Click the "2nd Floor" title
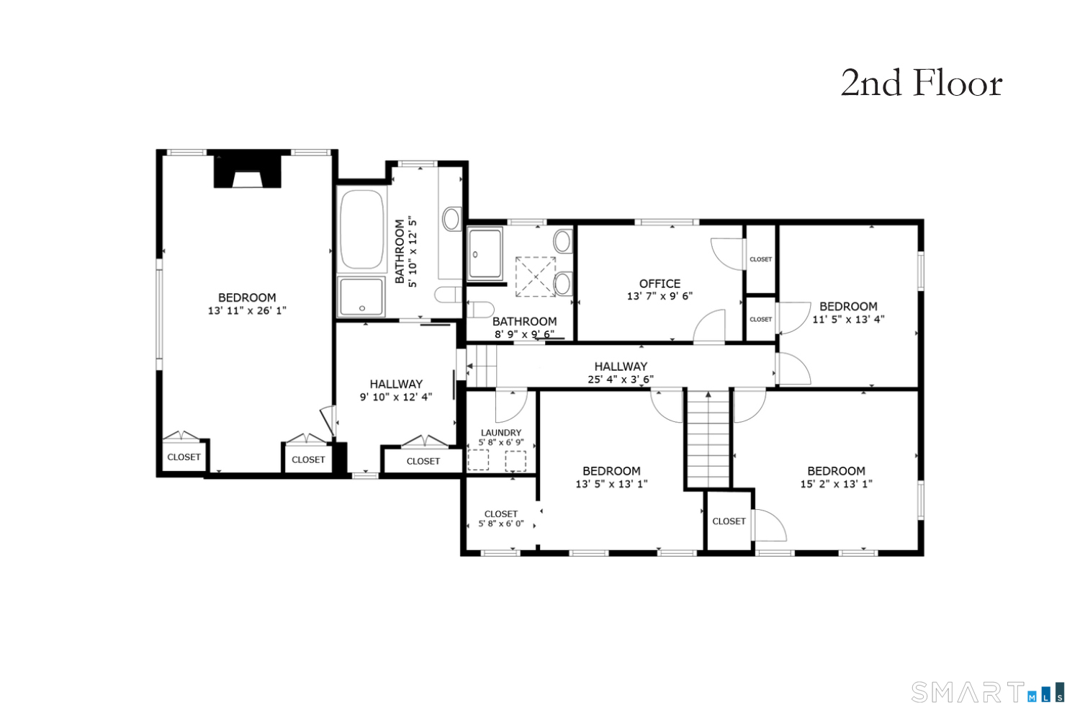[x=921, y=84]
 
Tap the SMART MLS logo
[x=987, y=692]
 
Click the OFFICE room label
[x=660, y=284]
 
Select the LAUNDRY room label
[x=501, y=433]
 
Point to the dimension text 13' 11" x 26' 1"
[x=247, y=310]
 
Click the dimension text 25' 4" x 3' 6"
[x=621, y=380]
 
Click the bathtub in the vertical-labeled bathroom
[x=361, y=228]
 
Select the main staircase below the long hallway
[x=708, y=439]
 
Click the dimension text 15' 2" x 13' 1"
[x=836, y=484]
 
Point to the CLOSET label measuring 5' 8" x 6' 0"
[x=501, y=513]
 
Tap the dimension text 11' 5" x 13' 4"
[x=848, y=319]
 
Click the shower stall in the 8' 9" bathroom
[x=485, y=253]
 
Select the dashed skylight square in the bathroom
[x=535, y=277]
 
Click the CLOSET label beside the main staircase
[x=729, y=521]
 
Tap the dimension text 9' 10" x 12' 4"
[x=396, y=397]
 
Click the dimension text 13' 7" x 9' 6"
[x=660, y=296]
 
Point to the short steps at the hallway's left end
[x=482, y=366]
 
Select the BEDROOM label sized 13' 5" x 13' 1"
[x=611, y=471]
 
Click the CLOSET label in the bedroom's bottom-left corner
[x=184, y=457]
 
